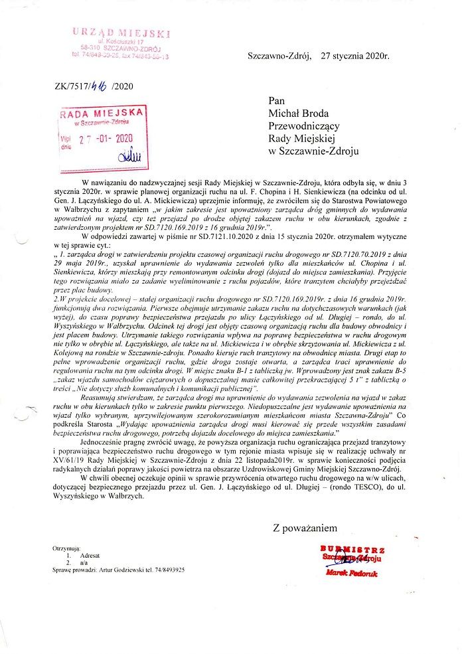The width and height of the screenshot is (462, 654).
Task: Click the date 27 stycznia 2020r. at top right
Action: coord(354,57)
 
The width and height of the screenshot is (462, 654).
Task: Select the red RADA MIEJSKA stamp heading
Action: coord(102,114)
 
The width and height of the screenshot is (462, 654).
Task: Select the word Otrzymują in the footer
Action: coord(66,549)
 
